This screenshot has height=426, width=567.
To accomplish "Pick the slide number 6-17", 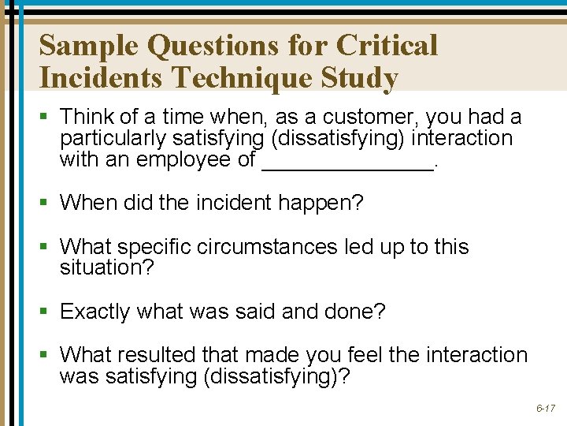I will pyautogui.click(x=547, y=409).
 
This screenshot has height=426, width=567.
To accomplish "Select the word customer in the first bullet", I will pyautogui.click(x=375, y=118).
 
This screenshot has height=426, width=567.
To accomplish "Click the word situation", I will pyautogui.click(x=106, y=267).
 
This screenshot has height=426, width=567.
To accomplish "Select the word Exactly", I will pyautogui.click(x=94, y=312).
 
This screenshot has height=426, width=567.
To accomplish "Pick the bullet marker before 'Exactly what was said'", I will pyautogui.click(x=46, y=312).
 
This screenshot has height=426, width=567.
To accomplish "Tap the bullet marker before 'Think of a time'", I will pyautogui.click(x=46, y=118).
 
